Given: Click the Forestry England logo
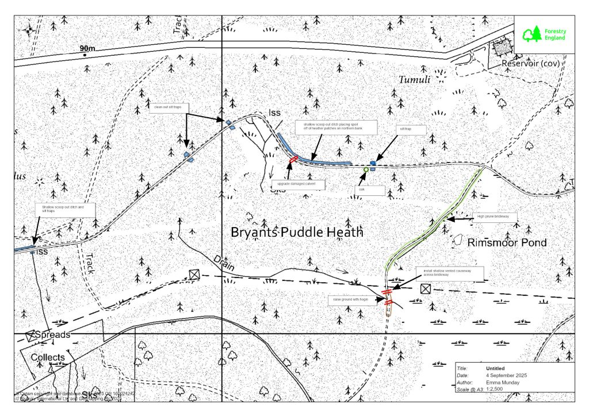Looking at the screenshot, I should point(544,35).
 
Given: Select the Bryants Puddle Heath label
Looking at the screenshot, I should point(297,233).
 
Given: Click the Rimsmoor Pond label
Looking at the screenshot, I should point(507,243).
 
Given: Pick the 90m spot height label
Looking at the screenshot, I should point(89,49).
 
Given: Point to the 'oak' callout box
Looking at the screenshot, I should point(362,188).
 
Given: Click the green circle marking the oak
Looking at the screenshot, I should point(366,170).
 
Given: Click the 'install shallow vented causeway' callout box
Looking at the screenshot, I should point(450,272).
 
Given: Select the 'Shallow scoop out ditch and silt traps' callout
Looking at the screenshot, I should point(64,210).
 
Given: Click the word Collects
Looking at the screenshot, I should point(48,357).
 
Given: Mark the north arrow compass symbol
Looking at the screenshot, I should point(29,30).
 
